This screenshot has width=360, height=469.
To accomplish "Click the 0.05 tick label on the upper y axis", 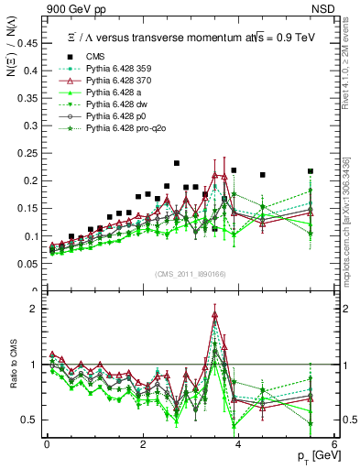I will pyautogui.click(x=30, y=264).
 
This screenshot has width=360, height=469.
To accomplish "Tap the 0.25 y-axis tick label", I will pyautogui.click(x=30, y=154).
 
